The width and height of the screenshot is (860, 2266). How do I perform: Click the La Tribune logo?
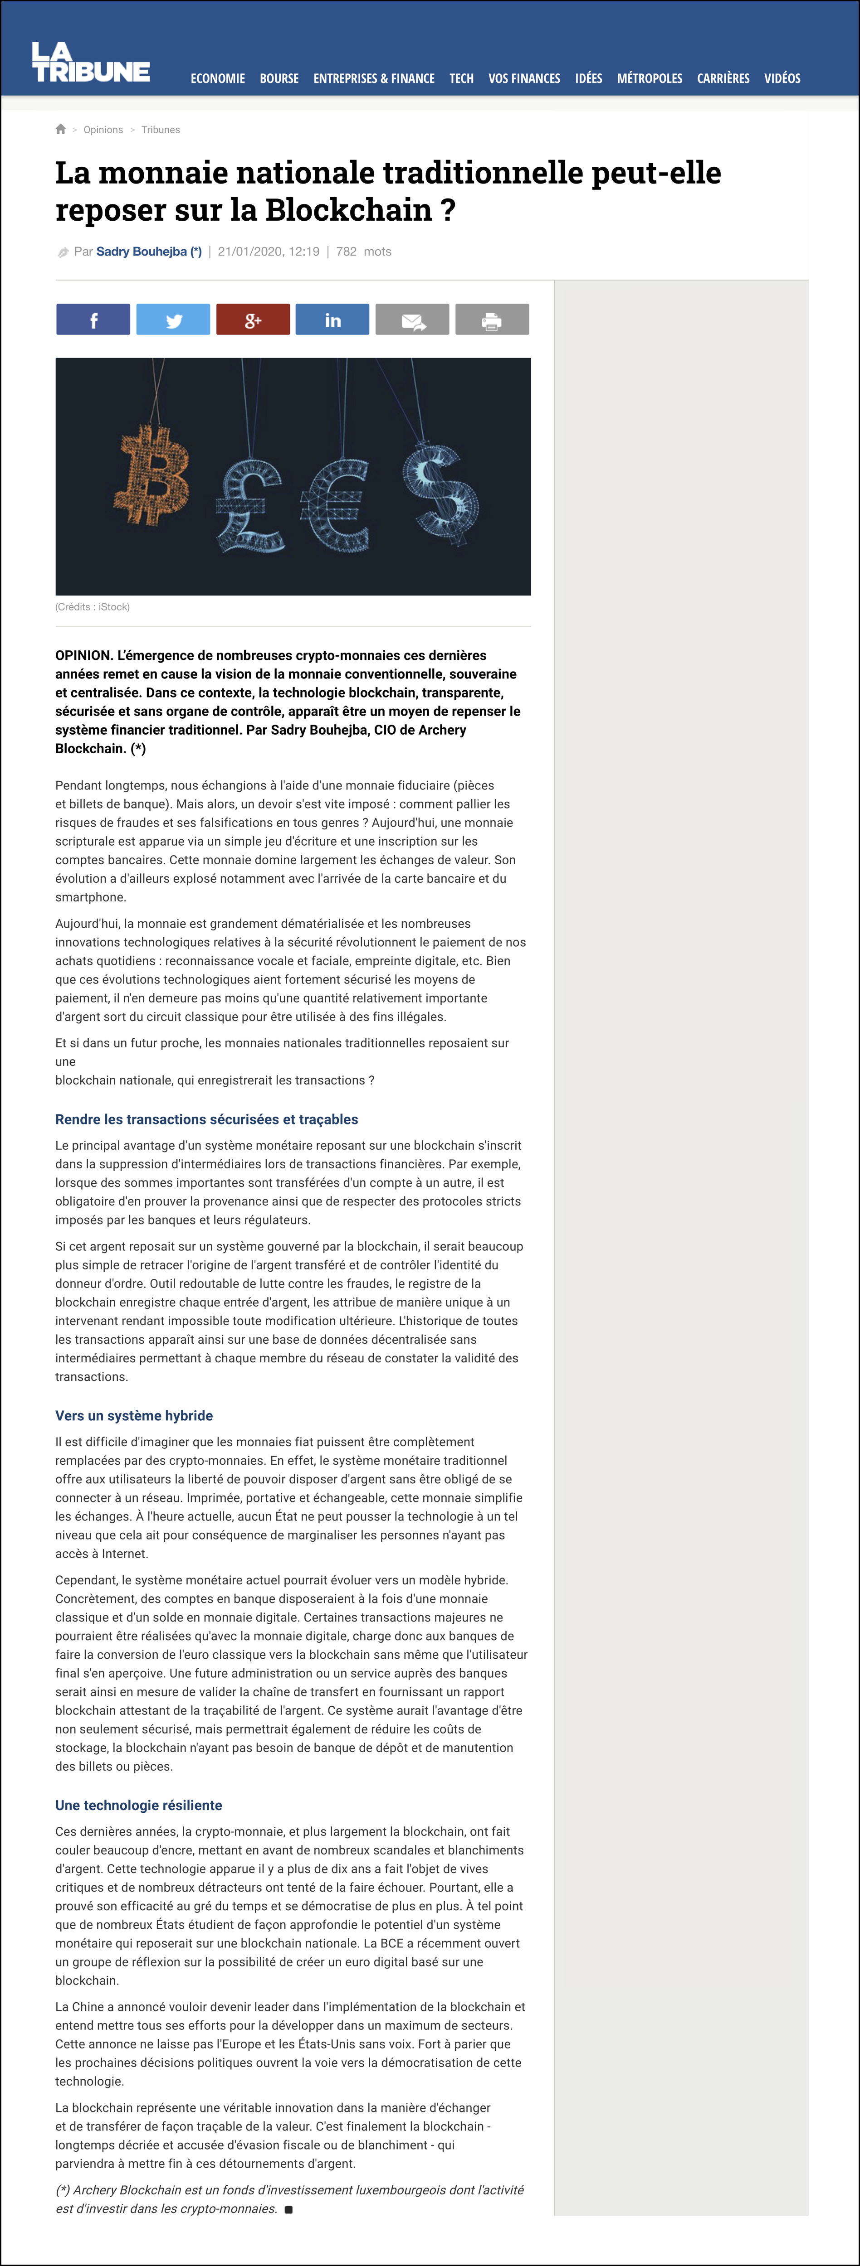[x=91, y=63]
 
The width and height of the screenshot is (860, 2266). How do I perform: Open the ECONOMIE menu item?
[x=217, y=78]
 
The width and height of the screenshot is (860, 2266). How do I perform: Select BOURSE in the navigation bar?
[x=279, y=78]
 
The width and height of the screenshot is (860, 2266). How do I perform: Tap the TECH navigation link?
[x=461, y=78]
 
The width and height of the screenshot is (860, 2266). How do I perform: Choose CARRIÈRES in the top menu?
[x=723, y=78]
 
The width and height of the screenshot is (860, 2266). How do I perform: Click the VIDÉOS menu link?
[x=782, y=78]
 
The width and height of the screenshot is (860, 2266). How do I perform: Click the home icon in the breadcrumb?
[x=61, y=129]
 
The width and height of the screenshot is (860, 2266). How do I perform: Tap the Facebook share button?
[x=93, y=320]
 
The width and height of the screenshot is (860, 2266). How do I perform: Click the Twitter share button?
[x=173, y=320]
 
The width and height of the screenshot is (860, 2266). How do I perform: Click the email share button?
[x=412, y=320]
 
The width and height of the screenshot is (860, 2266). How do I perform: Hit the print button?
[x=491, y=320]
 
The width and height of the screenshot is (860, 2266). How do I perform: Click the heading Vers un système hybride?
[x=134, y=1415]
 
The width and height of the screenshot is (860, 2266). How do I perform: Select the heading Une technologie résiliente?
[x=138, y=1805]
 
